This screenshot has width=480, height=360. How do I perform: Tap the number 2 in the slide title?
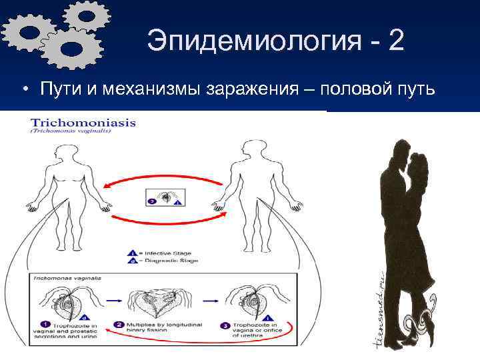[x=394, y=41]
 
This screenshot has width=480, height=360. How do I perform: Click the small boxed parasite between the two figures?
[x=164, y=198]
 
